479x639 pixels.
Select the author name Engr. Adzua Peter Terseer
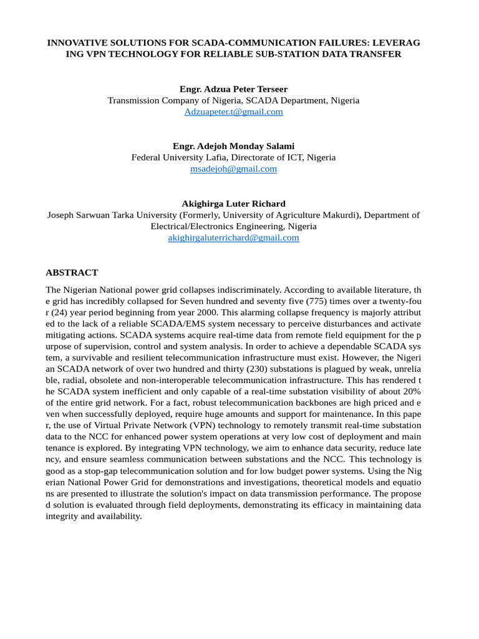tap(233, 89)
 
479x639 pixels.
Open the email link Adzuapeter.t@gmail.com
tap(233, 112)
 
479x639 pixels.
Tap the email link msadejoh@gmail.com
tap(233, 168)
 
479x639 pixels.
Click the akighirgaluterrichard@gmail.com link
tap(233, 238)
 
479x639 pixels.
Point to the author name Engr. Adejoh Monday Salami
tap(233, 146)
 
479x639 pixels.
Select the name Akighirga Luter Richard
tap(233, 203)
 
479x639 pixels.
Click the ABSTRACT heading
tap(72, 273)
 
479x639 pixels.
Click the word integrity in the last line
tap(63, 516)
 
